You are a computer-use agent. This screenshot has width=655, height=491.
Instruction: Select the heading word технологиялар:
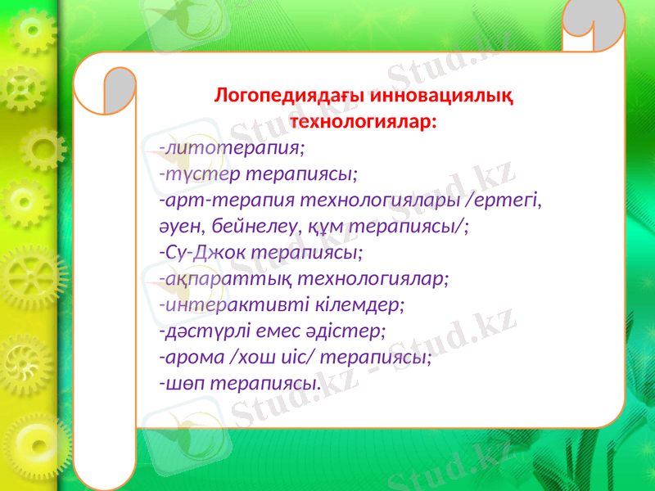pos(364,122)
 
